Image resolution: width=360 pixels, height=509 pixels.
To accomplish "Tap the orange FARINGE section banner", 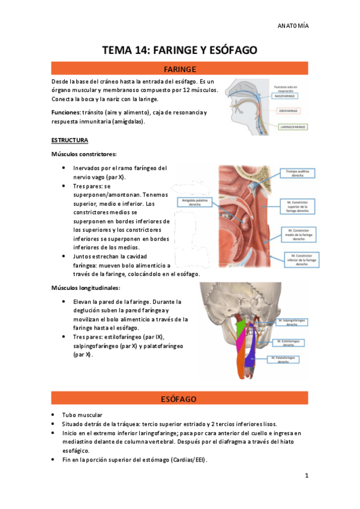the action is click(179, 69).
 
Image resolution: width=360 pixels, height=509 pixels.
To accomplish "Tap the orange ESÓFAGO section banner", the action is click(179, 399).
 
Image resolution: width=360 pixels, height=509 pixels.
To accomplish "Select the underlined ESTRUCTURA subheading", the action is click(70, 140).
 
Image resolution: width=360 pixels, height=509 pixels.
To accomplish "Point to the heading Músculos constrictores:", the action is click(84, 154).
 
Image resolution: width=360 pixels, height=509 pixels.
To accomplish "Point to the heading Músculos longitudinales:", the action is click(86, 288).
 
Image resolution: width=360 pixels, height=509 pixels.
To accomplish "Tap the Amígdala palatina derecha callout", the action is click(194, 202).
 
